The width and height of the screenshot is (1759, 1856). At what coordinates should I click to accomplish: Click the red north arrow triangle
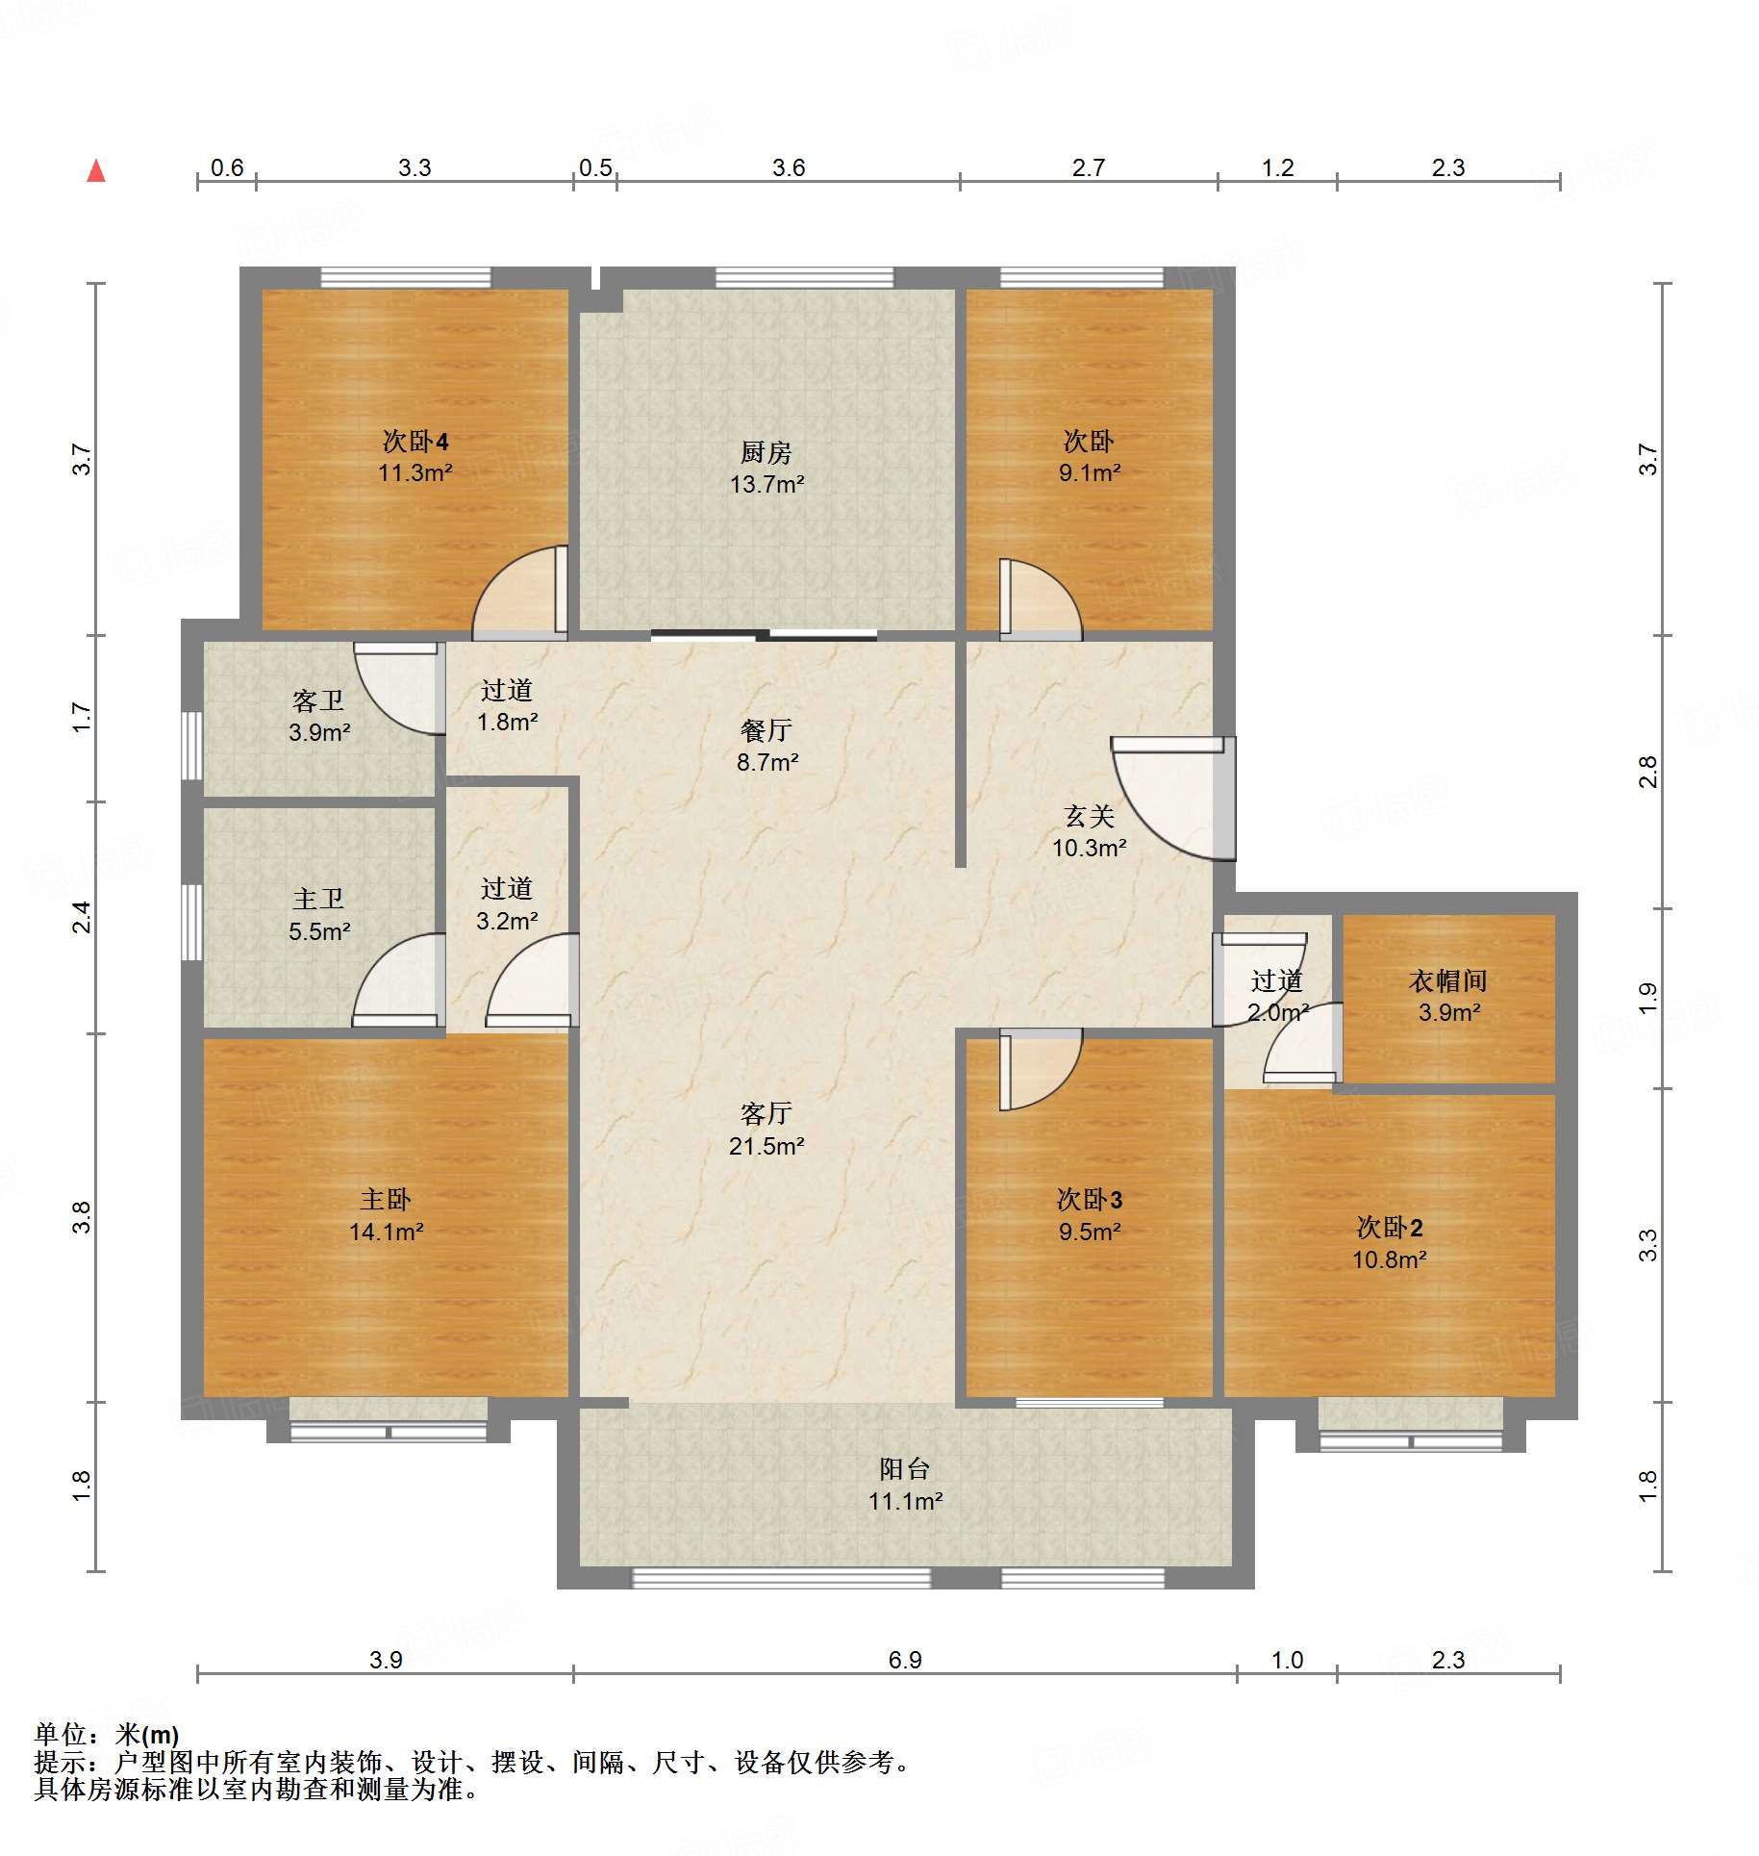(96, 171)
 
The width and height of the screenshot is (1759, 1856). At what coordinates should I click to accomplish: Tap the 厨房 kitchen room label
(766, 452)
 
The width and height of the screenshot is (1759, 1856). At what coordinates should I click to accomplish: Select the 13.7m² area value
(766, 484)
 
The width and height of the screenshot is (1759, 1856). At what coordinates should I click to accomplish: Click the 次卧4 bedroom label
(415, 442)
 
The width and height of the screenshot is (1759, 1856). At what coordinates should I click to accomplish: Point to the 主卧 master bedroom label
(386, 1199)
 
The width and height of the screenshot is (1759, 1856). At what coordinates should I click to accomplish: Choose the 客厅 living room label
(766, 1113)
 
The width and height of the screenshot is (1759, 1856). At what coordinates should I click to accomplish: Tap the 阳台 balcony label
(905, 1469)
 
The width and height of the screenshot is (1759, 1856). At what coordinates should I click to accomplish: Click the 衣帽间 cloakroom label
(1448, 980)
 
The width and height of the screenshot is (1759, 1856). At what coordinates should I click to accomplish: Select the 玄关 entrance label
(1090, 816)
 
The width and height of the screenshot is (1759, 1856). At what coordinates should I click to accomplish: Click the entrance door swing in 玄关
(1173, 798)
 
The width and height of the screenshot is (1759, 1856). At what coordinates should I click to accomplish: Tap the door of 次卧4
(520, 592)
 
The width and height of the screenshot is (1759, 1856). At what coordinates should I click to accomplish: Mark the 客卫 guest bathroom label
(318, 700)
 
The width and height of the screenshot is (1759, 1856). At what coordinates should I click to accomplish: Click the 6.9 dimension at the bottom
(905, 1660)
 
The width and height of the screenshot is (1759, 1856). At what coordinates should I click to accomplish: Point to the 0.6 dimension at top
(227, 167)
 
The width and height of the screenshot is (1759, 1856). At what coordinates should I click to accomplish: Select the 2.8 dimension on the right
(1648, 772)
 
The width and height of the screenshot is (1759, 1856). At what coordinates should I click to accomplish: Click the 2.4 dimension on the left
(83, 917)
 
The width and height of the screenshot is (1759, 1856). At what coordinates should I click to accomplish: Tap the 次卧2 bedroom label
(1390, 1227)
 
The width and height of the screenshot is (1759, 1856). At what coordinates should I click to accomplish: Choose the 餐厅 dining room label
(766, 730)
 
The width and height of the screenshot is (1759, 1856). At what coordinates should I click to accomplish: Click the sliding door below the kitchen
(764, 634)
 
